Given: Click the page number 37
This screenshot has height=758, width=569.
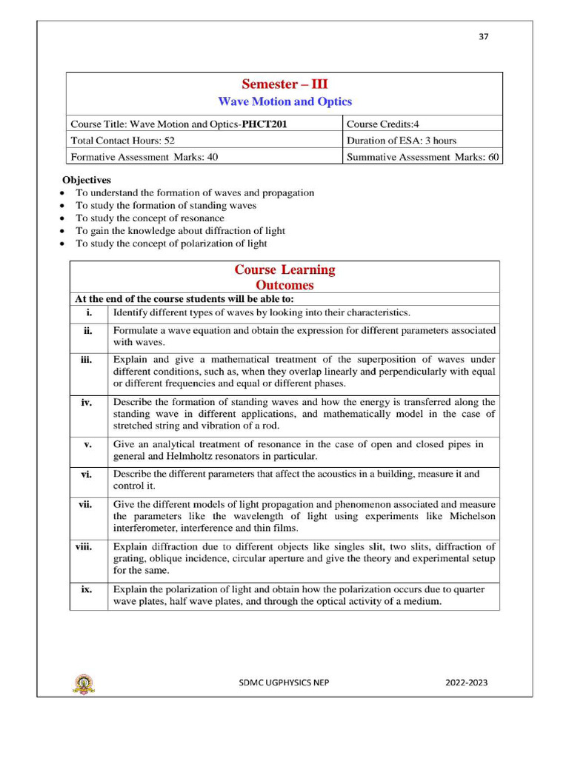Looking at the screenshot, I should [x=484, y=36].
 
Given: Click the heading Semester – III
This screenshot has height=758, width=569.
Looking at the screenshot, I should [x=284, y=84].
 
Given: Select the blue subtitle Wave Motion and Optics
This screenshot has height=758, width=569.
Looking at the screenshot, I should [x=284, y=102].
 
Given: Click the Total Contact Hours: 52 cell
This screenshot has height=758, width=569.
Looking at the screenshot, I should [x=122, y=140].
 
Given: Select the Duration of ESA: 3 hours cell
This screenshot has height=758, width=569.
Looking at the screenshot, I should [x=402, y=140].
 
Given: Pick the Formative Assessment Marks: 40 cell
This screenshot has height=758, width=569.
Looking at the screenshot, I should [x=144, y=156].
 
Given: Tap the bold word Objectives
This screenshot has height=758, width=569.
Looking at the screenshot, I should [x=87, y=180].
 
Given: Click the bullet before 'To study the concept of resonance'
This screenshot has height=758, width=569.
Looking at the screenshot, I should [x=61, y=218].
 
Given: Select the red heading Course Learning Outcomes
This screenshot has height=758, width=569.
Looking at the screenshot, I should [x=284, y=278].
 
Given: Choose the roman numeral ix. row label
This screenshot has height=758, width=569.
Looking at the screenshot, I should [x=87, y=590].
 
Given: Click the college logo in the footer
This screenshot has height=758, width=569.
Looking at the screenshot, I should [x=83, y=683].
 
